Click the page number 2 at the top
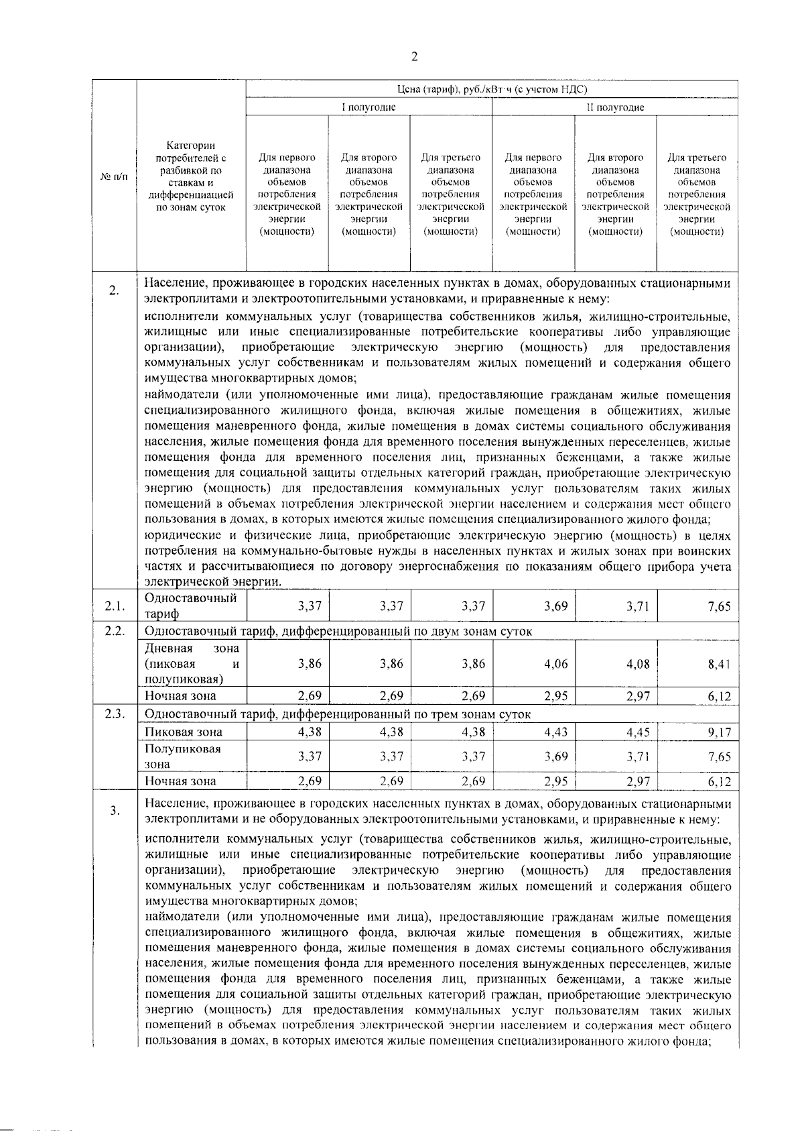(x=413, y=57)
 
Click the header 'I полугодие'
(x=368, y=107)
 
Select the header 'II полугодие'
(x=615, y=107)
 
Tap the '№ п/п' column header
(x=114, y=176)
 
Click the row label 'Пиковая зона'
(x=184, y=732)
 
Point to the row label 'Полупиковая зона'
(x=183, y=756)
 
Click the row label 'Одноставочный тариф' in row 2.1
(x=190, y=606)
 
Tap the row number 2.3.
(x=115, y=714)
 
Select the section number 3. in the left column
(x=115, y=811)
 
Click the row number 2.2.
(x=115, y=632)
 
